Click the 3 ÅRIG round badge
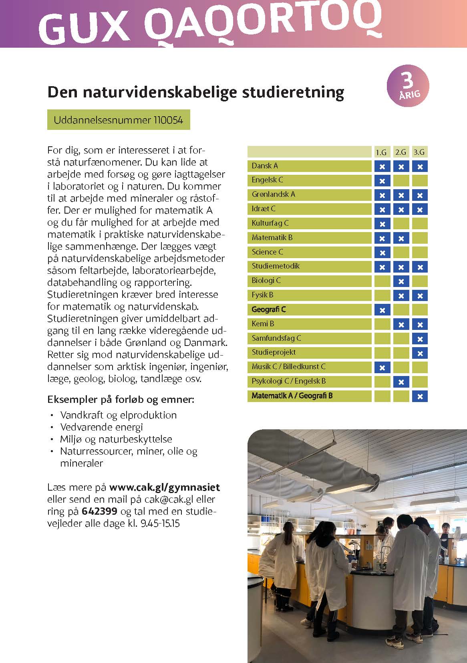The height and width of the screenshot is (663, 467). (x=407, y=86)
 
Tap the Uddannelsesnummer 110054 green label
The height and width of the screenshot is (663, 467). (x=119, y=120)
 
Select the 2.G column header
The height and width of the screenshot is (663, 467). (x=401, y=152)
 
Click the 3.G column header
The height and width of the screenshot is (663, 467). (x=419, y=152)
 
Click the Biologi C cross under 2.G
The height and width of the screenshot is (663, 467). (x=401, y=281)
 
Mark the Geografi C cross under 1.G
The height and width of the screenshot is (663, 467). (x=382, y=310)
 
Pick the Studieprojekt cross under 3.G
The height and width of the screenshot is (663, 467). (x=420, y=353)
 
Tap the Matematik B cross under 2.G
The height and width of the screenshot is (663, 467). (x=401, y=239)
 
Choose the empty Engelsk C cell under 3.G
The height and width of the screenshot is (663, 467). (x=420, y=180)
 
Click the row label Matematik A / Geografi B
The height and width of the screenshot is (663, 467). (x=292, y=396)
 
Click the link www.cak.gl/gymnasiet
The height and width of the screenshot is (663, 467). (x=165, y=487)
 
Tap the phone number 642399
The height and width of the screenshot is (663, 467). (x=99, y=511)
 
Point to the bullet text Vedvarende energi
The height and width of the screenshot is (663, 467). (x=102, y=427)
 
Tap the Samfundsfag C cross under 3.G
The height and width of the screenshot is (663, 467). (x=420, y=339)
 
